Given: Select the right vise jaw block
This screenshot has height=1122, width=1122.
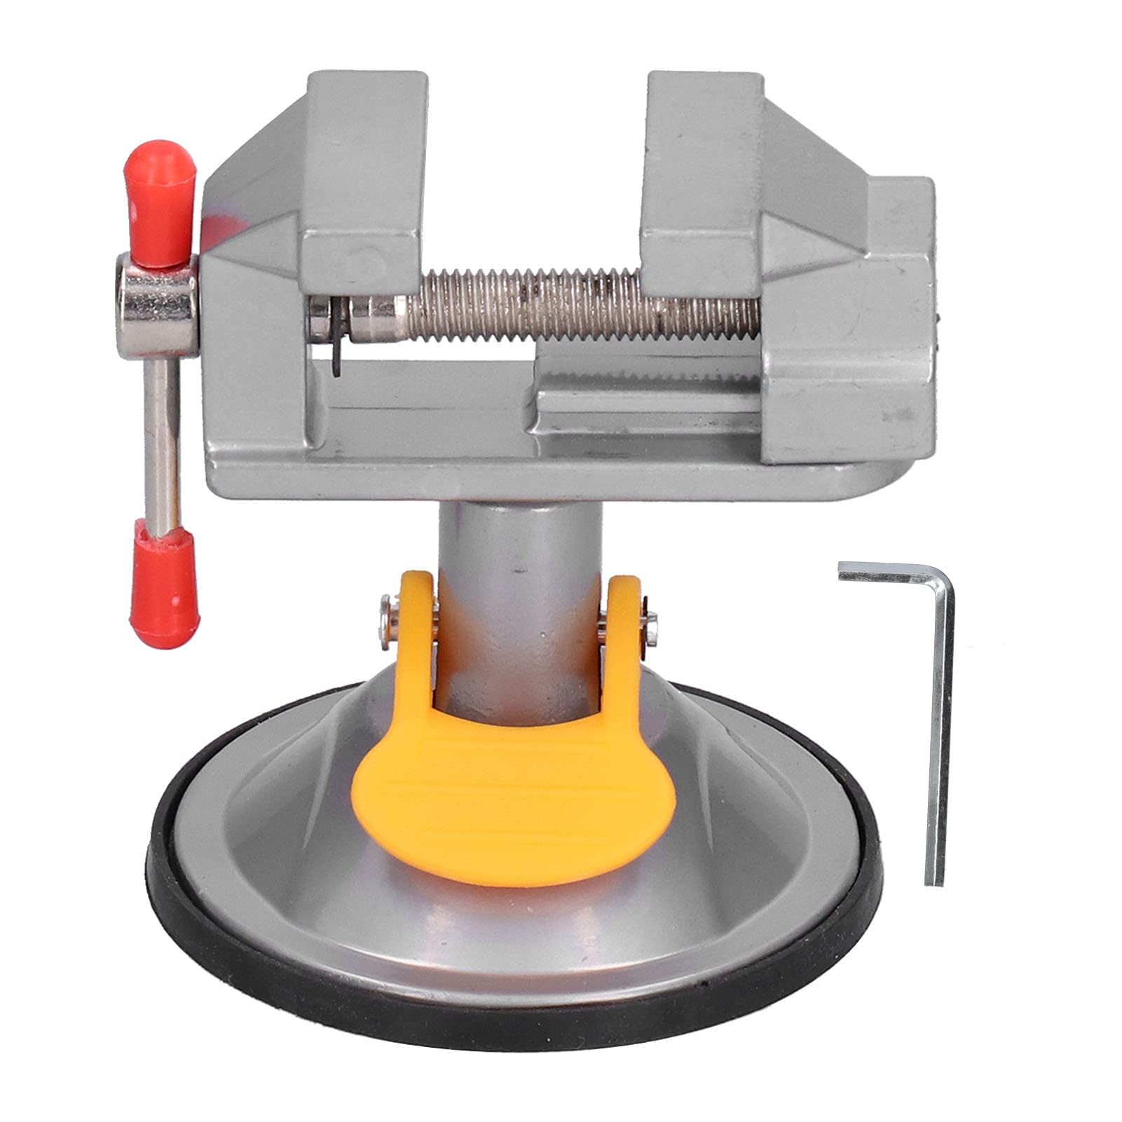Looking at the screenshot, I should pyautogui.click(x=701, y=175).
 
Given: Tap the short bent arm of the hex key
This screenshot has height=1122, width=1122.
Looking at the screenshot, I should pyautogui.click(x=890, y=576).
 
